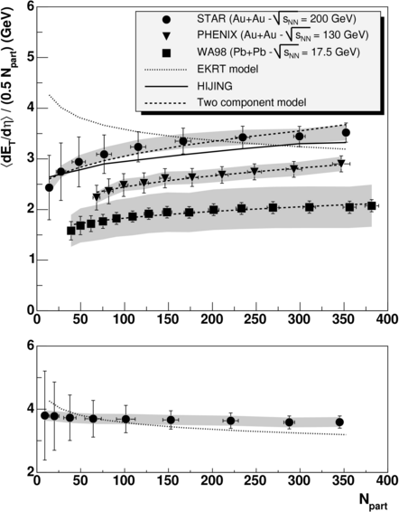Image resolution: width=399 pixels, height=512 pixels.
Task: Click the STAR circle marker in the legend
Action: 166,20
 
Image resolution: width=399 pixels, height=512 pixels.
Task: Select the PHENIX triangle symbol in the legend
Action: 166,36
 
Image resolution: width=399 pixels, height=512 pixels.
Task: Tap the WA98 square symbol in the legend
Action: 166,52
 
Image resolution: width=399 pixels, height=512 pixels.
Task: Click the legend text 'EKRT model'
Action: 227,70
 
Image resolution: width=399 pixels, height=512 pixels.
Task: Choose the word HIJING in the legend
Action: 215,86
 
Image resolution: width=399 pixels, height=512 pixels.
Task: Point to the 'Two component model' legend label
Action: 252,102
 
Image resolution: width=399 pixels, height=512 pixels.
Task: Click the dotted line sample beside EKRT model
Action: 166,70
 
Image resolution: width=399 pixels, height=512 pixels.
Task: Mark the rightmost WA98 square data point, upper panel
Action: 372,205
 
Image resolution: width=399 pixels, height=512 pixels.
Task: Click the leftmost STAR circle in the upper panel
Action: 50,188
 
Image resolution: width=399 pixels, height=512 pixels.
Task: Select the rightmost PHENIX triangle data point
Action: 341,163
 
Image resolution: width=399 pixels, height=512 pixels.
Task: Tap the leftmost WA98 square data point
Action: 71,231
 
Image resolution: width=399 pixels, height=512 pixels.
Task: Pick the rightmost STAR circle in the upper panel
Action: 347,133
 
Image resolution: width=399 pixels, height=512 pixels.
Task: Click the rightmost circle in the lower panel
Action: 340,422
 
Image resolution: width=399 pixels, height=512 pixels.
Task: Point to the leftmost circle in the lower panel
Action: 45,416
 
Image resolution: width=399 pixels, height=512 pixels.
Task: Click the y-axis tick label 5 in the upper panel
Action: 31,58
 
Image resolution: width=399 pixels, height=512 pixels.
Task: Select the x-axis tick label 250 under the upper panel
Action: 255,319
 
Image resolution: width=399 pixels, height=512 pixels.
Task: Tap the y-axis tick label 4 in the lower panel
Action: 31,409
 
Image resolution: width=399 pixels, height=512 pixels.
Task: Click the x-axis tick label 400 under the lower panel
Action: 386,481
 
